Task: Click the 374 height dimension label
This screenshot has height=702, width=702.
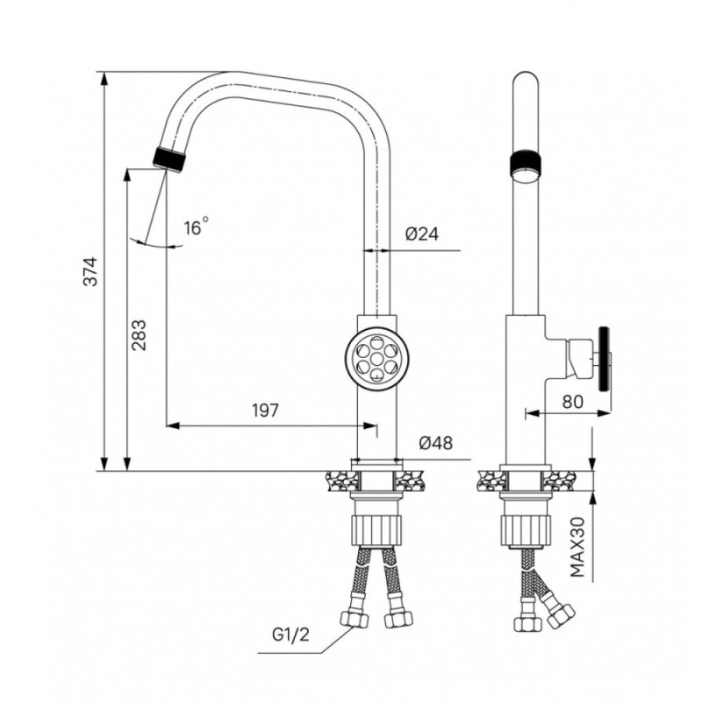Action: [x=91, y=271]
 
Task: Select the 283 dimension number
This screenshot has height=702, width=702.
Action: [x=139, y=335]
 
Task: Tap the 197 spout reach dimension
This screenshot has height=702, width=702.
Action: [x=265, y=410]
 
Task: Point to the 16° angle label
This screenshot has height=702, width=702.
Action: [x=196, y=226]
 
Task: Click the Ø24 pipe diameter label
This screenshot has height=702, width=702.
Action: [x=422, y=234]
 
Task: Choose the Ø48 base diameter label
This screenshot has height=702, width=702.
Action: [x=435, y=443]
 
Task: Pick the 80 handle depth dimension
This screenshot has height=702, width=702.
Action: [x=573, y=402]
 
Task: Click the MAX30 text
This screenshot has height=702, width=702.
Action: [x=578, y=547]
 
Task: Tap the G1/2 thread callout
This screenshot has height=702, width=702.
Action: [x=290, y=634]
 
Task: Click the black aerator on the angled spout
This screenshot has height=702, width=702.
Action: [x=169, y=158]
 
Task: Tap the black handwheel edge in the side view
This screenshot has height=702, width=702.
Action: [x=605, y=358]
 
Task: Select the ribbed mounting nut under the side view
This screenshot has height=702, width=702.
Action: [x=525, y=531]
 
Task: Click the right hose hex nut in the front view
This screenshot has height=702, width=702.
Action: [x=398, y=620]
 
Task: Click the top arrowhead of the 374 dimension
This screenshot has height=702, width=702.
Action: [x=104, y=78]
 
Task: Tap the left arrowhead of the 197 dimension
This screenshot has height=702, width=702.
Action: [x=173, y=426]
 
